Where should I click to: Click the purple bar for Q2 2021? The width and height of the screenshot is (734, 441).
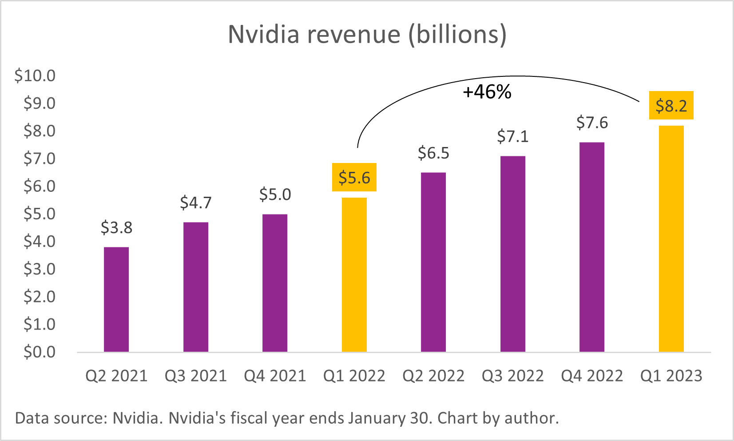tap(116, 300)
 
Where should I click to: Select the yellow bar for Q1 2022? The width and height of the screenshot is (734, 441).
tap(354, 275)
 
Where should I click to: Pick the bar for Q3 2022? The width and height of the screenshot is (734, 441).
tap(512, 254)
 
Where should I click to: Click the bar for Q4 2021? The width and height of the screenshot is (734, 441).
tap(275, 283)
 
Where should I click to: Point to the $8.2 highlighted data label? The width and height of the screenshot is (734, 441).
tap(671, 106)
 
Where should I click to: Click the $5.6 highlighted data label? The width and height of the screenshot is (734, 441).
tap(354, 178)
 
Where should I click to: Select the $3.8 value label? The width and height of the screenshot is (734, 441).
tap(116, 228)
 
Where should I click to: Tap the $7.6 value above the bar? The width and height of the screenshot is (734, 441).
tap(592, 123)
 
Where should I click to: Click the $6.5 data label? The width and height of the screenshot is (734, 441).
tap(433, 153)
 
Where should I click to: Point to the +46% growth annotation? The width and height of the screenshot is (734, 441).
tap(487, 92)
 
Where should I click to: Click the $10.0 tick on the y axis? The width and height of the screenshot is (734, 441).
tap(35, 75)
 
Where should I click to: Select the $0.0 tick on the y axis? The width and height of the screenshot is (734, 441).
tap(39, 352)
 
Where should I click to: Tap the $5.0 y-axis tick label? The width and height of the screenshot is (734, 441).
tap(39, 214)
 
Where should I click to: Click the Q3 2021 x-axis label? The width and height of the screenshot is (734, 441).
tap(195, 376)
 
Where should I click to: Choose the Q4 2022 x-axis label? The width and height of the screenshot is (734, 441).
tap(592, 376)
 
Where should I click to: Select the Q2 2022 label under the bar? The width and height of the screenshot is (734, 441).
tap(433, 376)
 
